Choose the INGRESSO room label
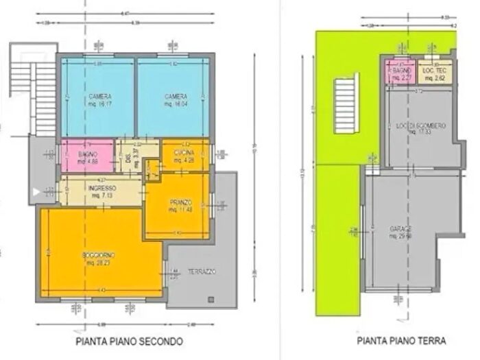click(x=101, y=187)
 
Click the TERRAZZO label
click(x=202, y=272)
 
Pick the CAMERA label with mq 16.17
click(x=100, y=97)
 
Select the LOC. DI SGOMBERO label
click(x=421, y=125)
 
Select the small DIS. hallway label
click(x=128, y=158)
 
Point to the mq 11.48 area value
click(x=180, y=209)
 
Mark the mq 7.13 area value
click(x=101, y=195)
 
